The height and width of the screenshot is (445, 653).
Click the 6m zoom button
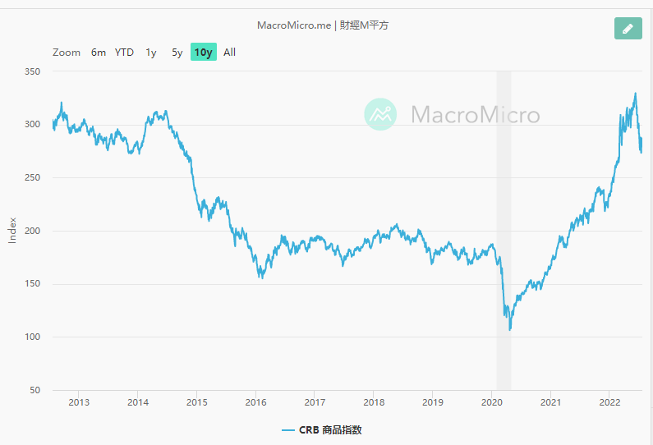pos(99,53)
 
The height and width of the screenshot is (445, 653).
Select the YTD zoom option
pos(124,53)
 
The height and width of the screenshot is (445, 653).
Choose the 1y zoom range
pos(151,53)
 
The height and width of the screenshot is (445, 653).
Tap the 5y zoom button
pos(177,53)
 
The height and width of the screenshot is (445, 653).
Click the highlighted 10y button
pos(204,53)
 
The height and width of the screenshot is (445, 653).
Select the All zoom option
pos(230,53)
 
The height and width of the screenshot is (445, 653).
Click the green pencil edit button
pos(628,29)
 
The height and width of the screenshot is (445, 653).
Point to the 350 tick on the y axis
pos(33,72)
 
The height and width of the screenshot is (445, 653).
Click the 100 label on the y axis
pos(33,337)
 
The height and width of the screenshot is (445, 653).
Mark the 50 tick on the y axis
pos(35,391)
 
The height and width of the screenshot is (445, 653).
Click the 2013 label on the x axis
pos(79,402)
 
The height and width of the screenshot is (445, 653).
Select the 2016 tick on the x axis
pos(256,402)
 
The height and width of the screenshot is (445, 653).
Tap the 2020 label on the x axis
pos(491,402)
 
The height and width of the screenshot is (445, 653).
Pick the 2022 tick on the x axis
pos(609,402)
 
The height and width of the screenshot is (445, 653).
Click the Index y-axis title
pos(12,231)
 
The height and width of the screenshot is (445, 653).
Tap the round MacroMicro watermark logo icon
pos(380,114)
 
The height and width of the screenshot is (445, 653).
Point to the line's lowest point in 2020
pos(510,330)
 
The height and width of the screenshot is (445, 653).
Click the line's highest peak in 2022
pos(635,94)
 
